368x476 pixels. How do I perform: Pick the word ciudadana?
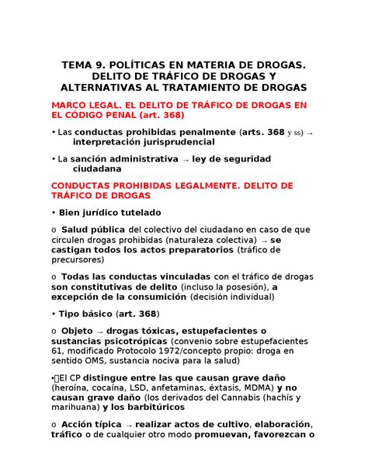[x=97, y=169]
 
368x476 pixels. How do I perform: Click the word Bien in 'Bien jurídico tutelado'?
[x=71, y=212]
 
